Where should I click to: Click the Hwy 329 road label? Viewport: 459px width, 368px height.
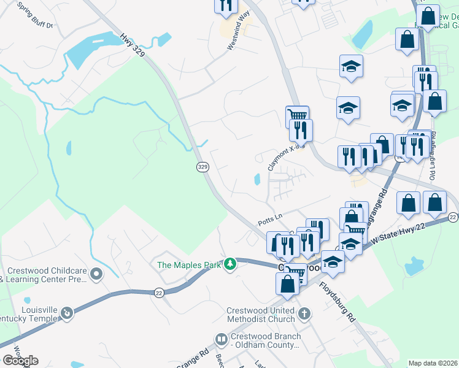pyautogui.click(x=133, y=45)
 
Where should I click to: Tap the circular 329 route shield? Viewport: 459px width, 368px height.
pyautogui.click(x=203, y=167)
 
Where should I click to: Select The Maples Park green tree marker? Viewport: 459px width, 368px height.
pyautogui.click(x=230, y=264)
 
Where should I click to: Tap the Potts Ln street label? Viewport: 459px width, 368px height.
pyautogui.click(x=269, y=217)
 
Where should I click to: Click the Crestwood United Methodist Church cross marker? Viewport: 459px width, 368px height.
pyautogui.click(x=304, y=315)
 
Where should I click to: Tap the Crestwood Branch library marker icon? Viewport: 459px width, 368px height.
pyautogui.click(x=221, y=339)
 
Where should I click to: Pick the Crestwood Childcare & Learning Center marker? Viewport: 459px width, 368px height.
pyautogui.click(x=96, y=274)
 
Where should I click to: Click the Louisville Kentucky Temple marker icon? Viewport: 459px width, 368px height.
pyautogui.click(x=66, y=313)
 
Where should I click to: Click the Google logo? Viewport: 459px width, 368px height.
pyautogui.click(x=20, y=361)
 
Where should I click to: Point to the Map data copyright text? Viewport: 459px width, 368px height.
pyautogui.click(x=433, y=363)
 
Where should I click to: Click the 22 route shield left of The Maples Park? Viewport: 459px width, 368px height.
pyautogui.click(x=158, y=293)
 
